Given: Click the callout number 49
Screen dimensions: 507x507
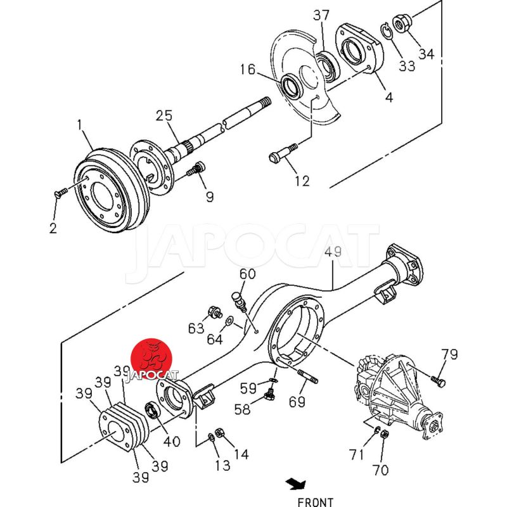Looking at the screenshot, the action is tap(333, 252).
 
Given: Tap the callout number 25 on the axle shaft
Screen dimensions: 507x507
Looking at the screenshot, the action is tap(164, 116).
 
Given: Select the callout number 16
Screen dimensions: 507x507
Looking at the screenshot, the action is tap(248, 69).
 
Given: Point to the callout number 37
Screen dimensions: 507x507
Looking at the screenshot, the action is tap(321, 15).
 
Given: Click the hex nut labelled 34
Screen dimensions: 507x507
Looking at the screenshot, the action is tap(401, 23).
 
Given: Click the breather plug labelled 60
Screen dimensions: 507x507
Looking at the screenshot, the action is tap(239, 302).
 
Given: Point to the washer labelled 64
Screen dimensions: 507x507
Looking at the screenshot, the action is tap(229, 321).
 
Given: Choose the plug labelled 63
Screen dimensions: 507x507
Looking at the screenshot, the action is tap(215, 312).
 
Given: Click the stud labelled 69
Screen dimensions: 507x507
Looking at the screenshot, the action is tap(307, 376).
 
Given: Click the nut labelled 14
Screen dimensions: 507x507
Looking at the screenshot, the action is tap(219, 432).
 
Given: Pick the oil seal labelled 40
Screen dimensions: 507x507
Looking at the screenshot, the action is tap(152, 409).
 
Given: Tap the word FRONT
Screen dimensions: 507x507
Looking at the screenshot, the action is tap(315, 502).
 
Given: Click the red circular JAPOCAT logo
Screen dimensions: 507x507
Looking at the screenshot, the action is tap(151, 359).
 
